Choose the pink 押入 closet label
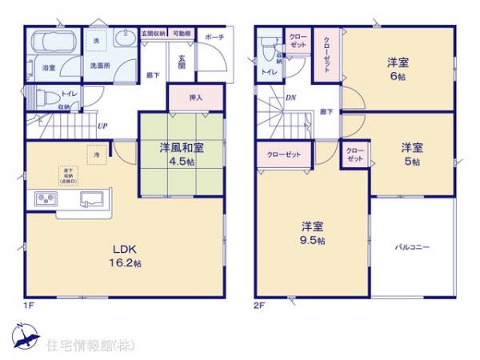195,98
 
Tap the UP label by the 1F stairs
102,126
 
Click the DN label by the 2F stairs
289,100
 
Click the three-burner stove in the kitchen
45,198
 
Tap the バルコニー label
412,248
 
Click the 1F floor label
28,305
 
